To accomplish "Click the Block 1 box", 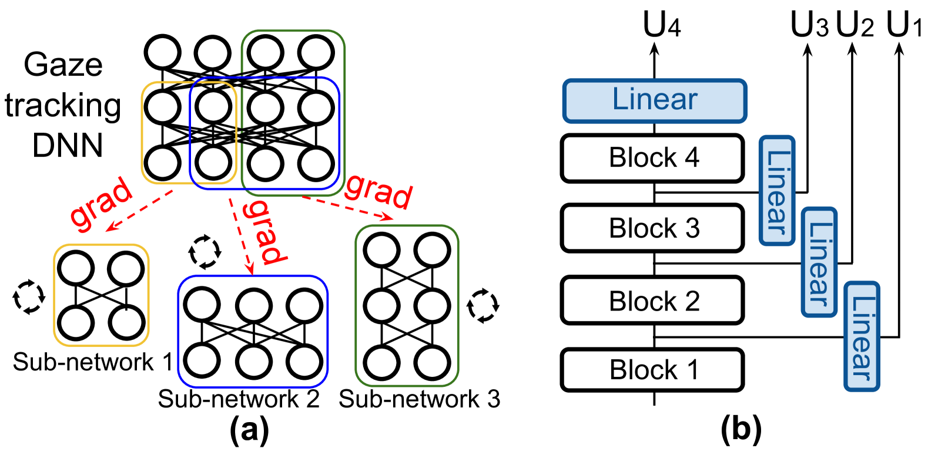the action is (652, 370).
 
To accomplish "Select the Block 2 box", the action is (652, 300).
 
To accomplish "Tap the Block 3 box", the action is (652, 228).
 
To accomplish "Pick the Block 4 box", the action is (652, 158).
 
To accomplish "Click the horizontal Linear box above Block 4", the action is (655, 101).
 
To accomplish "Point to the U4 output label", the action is (662, 24).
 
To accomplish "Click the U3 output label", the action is (809, 24).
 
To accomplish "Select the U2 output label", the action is (855, 24).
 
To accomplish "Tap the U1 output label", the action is (903, 24).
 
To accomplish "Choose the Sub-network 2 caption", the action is (239, 399).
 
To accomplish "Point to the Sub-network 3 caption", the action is (419, 399).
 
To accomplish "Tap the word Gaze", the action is (63, 65).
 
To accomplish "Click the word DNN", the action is (68, 146).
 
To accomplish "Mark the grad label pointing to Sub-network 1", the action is (101, 201).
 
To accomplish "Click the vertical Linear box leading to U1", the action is (862, 336).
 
